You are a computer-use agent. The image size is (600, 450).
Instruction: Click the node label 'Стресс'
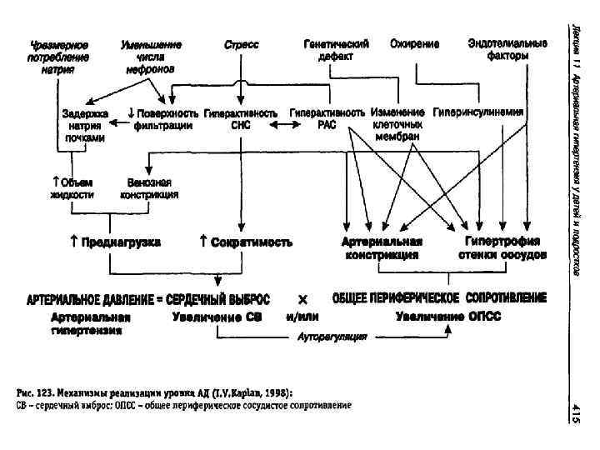[x=242, y=43]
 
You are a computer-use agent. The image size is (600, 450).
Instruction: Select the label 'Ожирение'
[x=415, y=43]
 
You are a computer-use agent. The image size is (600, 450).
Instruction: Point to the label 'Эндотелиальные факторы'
[x=507, y=49]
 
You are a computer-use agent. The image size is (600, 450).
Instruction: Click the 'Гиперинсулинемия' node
[x=479, y=112]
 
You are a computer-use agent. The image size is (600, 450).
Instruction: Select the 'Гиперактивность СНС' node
[x=240, y=118]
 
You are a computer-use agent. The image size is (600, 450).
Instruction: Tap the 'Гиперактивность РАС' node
[x=327, y=118]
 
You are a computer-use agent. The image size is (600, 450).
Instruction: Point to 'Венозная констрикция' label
[x=149, y=188]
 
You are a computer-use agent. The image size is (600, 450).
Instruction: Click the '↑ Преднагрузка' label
[x=116, y=242]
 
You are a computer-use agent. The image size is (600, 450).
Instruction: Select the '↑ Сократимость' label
[x=246, y=242]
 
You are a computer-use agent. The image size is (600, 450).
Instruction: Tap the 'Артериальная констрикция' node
[x=382, y=247]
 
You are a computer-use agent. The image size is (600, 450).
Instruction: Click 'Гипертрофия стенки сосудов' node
[x=502, y=247]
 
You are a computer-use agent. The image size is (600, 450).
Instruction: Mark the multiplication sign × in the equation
[x=302, y=298]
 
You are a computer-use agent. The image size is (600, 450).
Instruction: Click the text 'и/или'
[x=302, y=317]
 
